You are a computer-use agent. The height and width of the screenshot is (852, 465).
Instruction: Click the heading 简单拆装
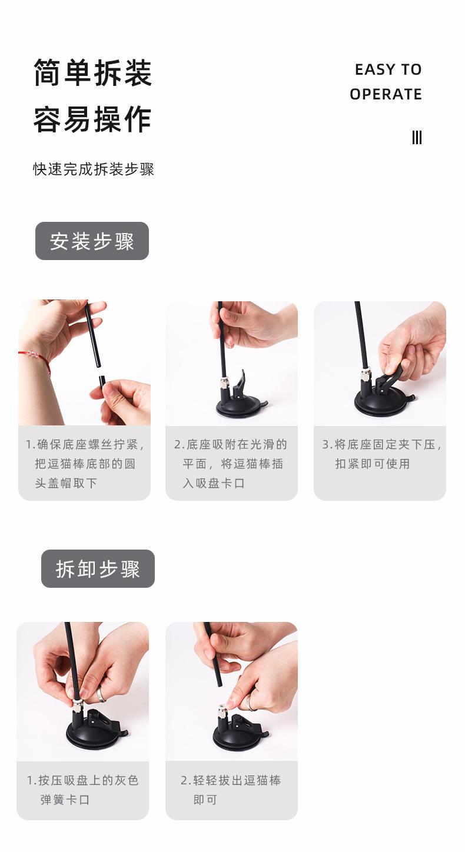click(x=92, y=73)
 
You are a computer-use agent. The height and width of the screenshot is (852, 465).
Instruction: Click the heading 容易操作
click(x=92, y=119)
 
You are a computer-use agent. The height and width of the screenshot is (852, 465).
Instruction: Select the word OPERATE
click(x=386, y=94)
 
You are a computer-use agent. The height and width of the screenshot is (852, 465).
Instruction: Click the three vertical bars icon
click(x=417, y=138)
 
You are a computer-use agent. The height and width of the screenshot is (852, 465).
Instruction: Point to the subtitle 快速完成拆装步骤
click(x=94, y=169)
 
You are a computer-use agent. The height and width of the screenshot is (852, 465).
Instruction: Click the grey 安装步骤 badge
click(x=92, y=241)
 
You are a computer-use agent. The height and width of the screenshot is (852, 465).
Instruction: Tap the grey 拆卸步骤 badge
click(x=98, y=569)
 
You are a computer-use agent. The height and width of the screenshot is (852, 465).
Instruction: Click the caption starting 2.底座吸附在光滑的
click(x=231, y=464)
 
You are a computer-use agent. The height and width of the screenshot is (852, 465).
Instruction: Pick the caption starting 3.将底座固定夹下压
click(x=380, y=454)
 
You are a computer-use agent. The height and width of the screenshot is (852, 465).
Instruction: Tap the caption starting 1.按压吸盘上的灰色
click(x=82, y=790)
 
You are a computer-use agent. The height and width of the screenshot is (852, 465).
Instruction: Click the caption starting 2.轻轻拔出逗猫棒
click(x=231, y=790)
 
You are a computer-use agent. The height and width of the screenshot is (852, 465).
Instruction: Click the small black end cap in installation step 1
click(x=102, y=381)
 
